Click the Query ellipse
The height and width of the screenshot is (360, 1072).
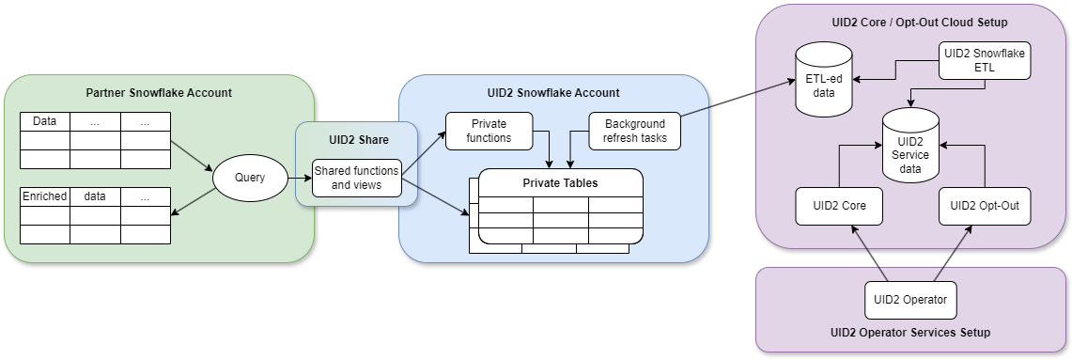click(249, 177)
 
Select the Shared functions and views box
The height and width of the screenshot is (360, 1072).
click(357, 177)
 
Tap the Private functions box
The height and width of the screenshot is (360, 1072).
click(489, 131)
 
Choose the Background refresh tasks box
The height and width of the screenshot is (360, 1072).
click(634, 131)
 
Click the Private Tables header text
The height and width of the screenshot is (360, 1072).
click(560, 182)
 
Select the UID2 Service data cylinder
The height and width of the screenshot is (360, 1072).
click(909, 147)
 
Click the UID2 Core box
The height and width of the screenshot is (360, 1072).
click(839, 206)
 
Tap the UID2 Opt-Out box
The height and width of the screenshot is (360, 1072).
click(985, 206)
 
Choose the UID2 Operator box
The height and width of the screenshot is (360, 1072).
click(910, 301)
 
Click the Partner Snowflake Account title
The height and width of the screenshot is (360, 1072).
click(159, 93)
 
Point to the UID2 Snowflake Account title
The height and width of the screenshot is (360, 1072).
click(553, 93)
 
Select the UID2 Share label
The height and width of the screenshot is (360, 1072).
click(357, 139)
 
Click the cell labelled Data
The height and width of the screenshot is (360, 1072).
click(45, 121)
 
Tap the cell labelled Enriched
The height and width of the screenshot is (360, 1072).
click(45, 196)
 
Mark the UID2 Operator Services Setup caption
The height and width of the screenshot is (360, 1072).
click(910, 333)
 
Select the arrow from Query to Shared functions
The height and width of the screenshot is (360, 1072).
click(298, 177)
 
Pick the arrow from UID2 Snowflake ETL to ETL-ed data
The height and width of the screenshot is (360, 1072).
click(895, 70)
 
